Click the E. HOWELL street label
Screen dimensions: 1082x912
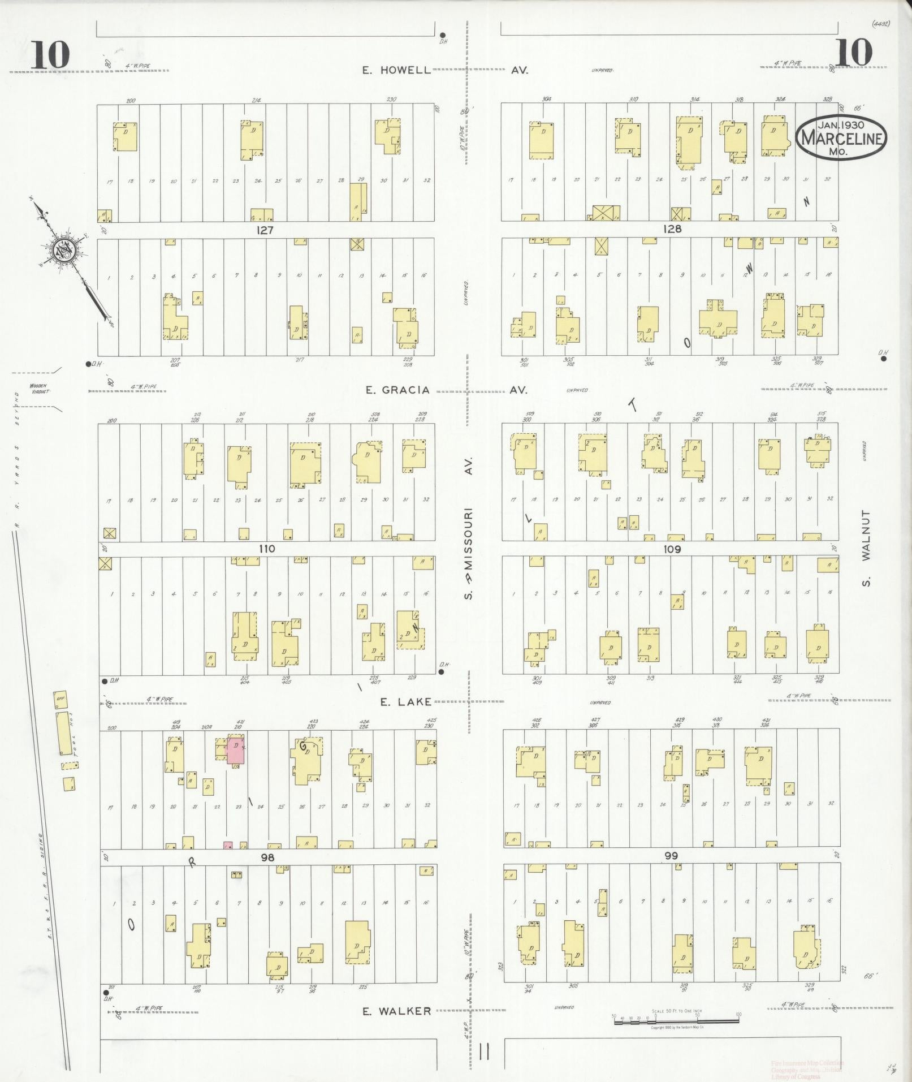click(x=396, y=70)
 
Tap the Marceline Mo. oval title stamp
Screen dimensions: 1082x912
click(x=841, y=137)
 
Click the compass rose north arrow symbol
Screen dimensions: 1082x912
click(x=62, y=250)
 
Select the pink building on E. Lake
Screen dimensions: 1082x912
click(x=236, y=751)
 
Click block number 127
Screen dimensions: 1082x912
click(x=265, y=230)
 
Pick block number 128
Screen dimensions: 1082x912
click(x=672, y=229)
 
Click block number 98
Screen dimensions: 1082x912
click(x=267, y=857)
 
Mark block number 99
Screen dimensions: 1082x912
click(x=672, y=856)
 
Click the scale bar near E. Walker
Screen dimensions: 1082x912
click(x=676, y=1021)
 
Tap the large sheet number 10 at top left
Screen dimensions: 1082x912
click(x=50, y=55)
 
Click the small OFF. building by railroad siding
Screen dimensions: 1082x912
click(x=60, y=699)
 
